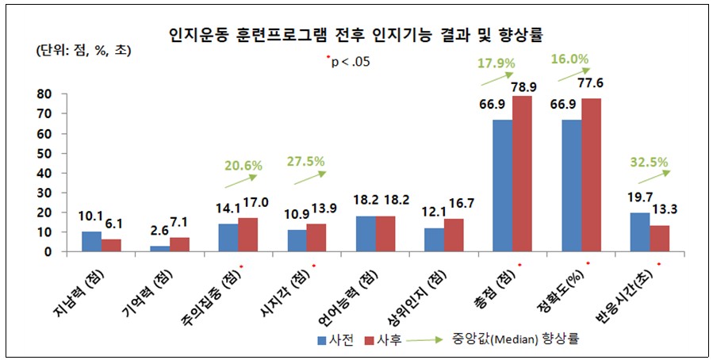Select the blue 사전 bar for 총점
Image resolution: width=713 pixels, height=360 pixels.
tap(503, 186)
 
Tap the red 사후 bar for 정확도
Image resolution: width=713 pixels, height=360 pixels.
tap(592, 175)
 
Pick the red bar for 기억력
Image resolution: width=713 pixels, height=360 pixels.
tap(180, 244)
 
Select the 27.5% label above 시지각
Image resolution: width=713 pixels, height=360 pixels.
tap(305, 161)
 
